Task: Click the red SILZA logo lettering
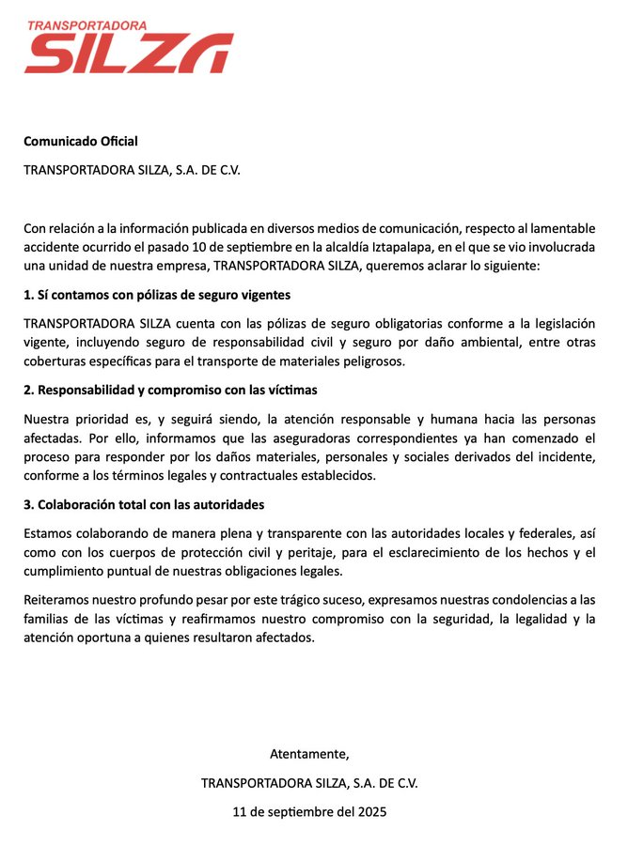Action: point(128,54)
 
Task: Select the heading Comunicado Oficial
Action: point(81,142)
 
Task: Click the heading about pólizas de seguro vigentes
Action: point(157,295)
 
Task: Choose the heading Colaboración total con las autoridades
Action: point(144,504)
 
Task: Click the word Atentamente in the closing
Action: point(309,754)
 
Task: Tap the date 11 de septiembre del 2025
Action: point(309,811)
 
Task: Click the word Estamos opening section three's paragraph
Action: point(50,533)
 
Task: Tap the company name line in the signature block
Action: point(309,783)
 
